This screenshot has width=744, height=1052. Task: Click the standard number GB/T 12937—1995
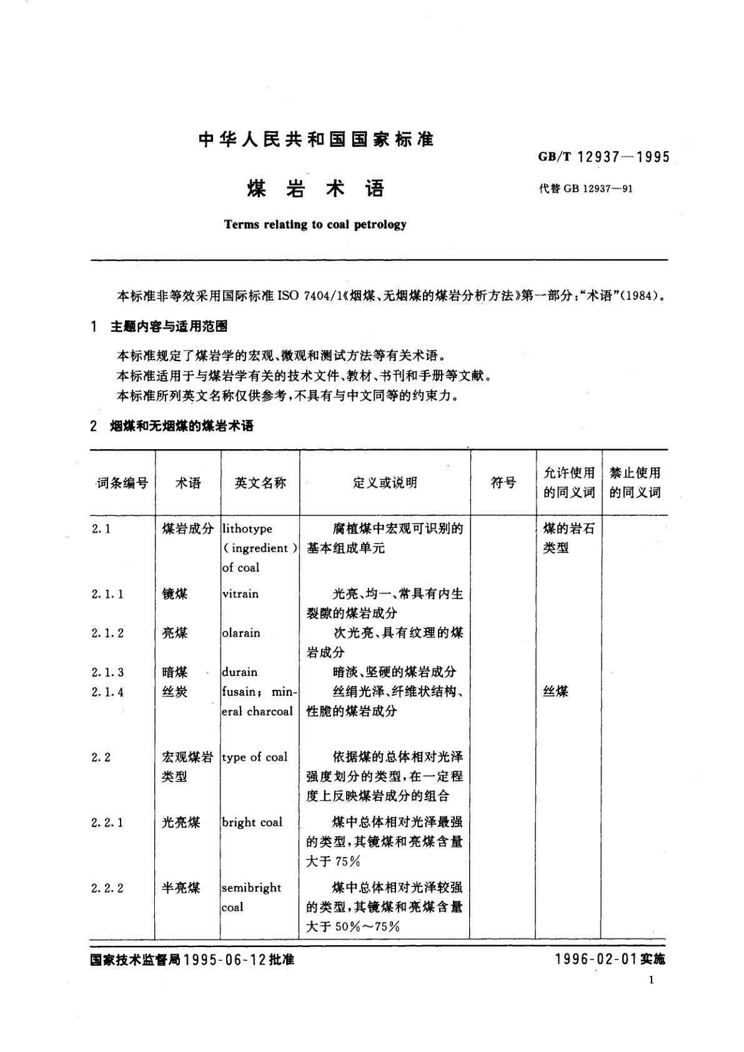point(603,157)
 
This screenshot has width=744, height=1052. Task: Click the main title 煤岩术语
point(315,188)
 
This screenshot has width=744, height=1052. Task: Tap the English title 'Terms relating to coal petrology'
point(315,224)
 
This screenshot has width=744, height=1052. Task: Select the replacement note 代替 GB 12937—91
point(585,189)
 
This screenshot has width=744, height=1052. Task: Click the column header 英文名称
point(260,482)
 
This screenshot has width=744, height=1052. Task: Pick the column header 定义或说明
point(385,482)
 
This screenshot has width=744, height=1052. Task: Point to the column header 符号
point(503,482)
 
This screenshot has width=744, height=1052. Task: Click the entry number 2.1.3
point(107,672)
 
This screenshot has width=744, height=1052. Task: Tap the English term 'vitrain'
point(241,593)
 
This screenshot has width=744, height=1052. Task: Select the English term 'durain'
point(240,672)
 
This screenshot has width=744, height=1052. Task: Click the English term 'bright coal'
point(252,822)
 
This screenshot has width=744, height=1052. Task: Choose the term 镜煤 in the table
point(174,593)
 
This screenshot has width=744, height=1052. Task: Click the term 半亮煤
point(181,888)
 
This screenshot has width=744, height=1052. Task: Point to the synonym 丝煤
point(555,692)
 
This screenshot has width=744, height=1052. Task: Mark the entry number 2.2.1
point(107,822)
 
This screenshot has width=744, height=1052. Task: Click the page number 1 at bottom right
point(652,980)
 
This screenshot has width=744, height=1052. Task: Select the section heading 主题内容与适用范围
point(169,326)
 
